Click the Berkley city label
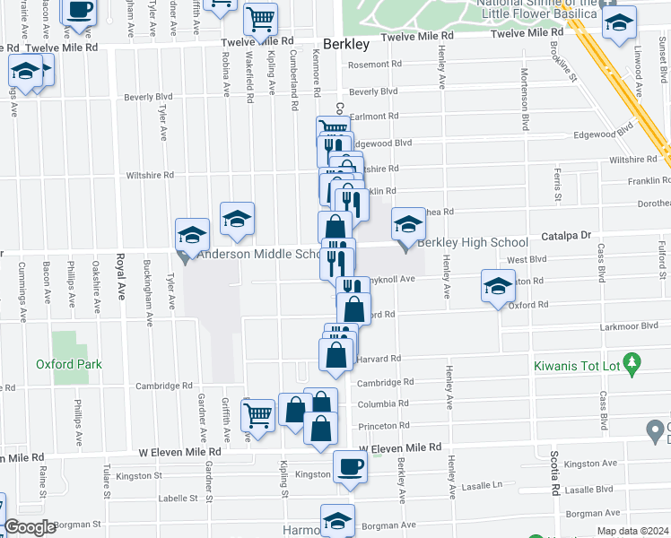coord(344,44)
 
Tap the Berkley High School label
coord(473,243)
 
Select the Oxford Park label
coord(69,365)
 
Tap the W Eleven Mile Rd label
coord(401,447)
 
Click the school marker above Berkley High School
coord(408,224)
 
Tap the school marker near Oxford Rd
coord(499,286)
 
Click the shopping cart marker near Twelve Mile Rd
coord(260,19)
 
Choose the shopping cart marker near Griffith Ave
coord(258,415)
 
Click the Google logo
coord(30,527)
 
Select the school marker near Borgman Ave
coord(337,520)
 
